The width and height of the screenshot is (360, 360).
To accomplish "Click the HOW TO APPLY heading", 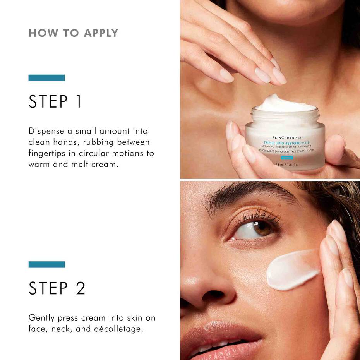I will point(73,33).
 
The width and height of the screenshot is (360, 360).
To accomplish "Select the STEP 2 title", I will point(57,288).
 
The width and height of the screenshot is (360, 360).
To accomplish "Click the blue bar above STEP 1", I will point(46,78).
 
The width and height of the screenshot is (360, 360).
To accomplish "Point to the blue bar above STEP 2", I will point(46,265).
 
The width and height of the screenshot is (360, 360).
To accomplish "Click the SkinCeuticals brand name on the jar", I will point(285,137).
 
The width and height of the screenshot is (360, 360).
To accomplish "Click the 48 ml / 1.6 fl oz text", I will point(286,164).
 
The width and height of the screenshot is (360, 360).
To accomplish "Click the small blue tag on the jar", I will point(287,158).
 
